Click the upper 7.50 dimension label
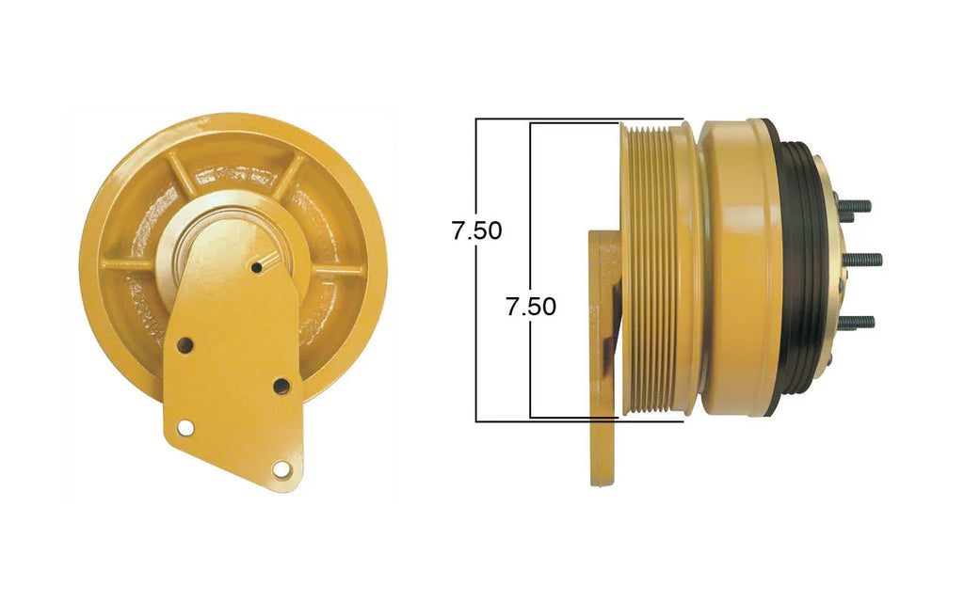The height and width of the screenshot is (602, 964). (x=477, y=230)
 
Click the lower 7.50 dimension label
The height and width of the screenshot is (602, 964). (x=531, y=307)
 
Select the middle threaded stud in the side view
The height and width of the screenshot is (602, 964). (x=864, y=260)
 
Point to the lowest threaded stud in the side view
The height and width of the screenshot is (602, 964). (x=857, y=322)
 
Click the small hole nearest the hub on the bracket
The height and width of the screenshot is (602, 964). (x=257, y=267)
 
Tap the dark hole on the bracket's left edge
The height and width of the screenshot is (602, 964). (x=185, y=345)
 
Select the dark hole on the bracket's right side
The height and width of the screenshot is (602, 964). (x=281, y=387)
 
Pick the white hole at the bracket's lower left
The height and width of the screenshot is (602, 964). (x=185, y=428)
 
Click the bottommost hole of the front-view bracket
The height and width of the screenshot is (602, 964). (x=281, y=469)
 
